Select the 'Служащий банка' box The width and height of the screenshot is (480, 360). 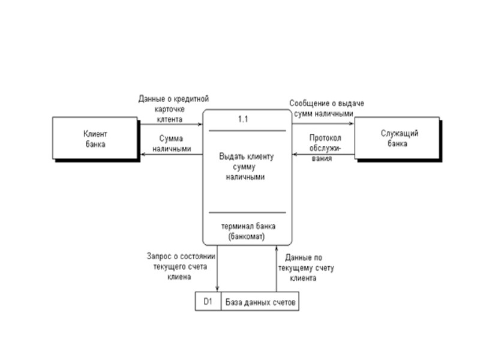tap(398, 139)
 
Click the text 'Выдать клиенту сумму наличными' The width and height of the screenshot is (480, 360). tap(246, 167)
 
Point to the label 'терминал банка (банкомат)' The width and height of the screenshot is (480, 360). tap(248, 231)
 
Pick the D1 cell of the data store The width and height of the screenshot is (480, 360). tap(208, 302)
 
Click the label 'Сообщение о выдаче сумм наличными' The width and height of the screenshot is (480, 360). tap(326, 108)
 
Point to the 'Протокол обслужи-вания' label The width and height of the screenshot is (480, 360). tap(325, 148)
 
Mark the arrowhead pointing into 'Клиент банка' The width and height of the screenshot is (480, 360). tap(143, 154)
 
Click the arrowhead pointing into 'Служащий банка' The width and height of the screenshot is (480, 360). tap(352, 124)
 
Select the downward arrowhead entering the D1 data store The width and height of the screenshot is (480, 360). tap(217, 290)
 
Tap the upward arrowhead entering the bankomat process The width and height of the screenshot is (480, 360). tap(276, 248)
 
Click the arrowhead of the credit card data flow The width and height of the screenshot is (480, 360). tap(200, 124)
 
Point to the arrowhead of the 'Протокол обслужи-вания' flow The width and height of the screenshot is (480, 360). tap(295, 154)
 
